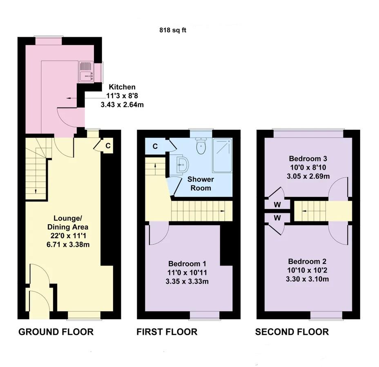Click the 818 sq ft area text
[172, 30]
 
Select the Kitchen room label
[122, 87]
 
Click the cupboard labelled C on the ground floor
[108, 146]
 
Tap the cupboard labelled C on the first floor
[155, 146]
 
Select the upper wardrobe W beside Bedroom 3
[277, 203]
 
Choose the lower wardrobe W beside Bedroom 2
[277, 218]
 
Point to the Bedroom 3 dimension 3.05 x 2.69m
[308, 176]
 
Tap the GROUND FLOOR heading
[56, 332]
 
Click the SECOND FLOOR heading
[292, 332]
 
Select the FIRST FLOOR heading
[167, 332]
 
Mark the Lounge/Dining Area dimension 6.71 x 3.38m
[68, 245]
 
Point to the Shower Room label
[201, 183]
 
